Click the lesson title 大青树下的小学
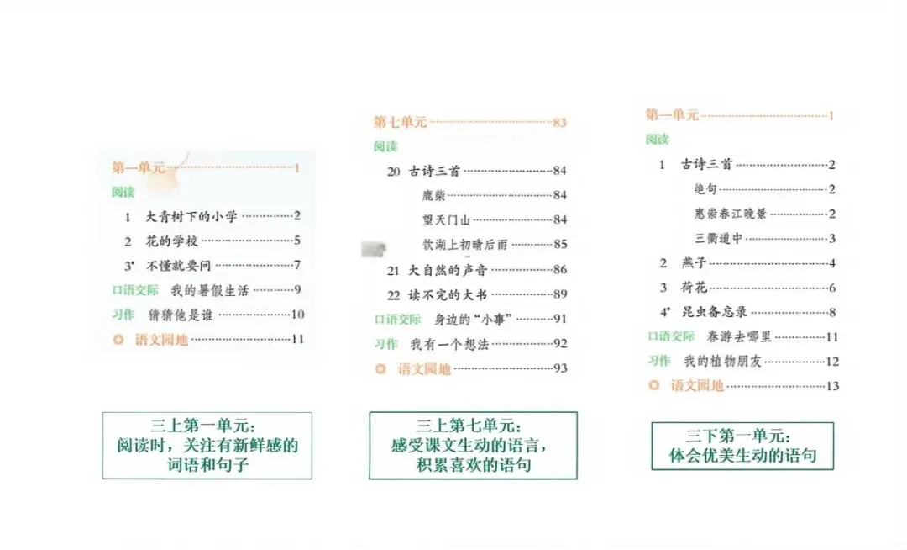[x=192, y=217]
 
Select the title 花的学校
[x=172, y=241]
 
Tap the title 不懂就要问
[x=179, y=266]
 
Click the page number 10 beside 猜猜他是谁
[x=297, y=315]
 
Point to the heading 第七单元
[x=400, y=123]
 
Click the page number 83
[x=560, y=123]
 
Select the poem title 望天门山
[x=448, y=220]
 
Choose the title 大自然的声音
[x=448, y=270]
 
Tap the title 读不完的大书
[x=448, y=294]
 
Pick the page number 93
[x=560, y=368]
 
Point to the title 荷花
[x=694, y=288]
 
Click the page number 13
[x=832, y=386]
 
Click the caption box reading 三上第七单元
[x=473, y=446]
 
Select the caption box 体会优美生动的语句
[x=742, y=446]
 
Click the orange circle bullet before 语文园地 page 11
[x=118, y=341]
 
